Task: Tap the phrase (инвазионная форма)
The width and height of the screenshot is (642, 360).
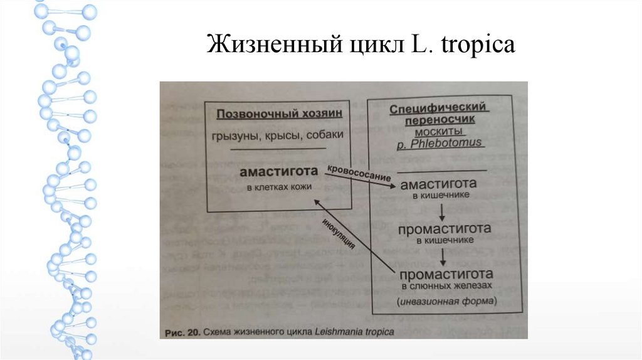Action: click(446, 301)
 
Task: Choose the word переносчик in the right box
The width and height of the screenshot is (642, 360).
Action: click(439, 119)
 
